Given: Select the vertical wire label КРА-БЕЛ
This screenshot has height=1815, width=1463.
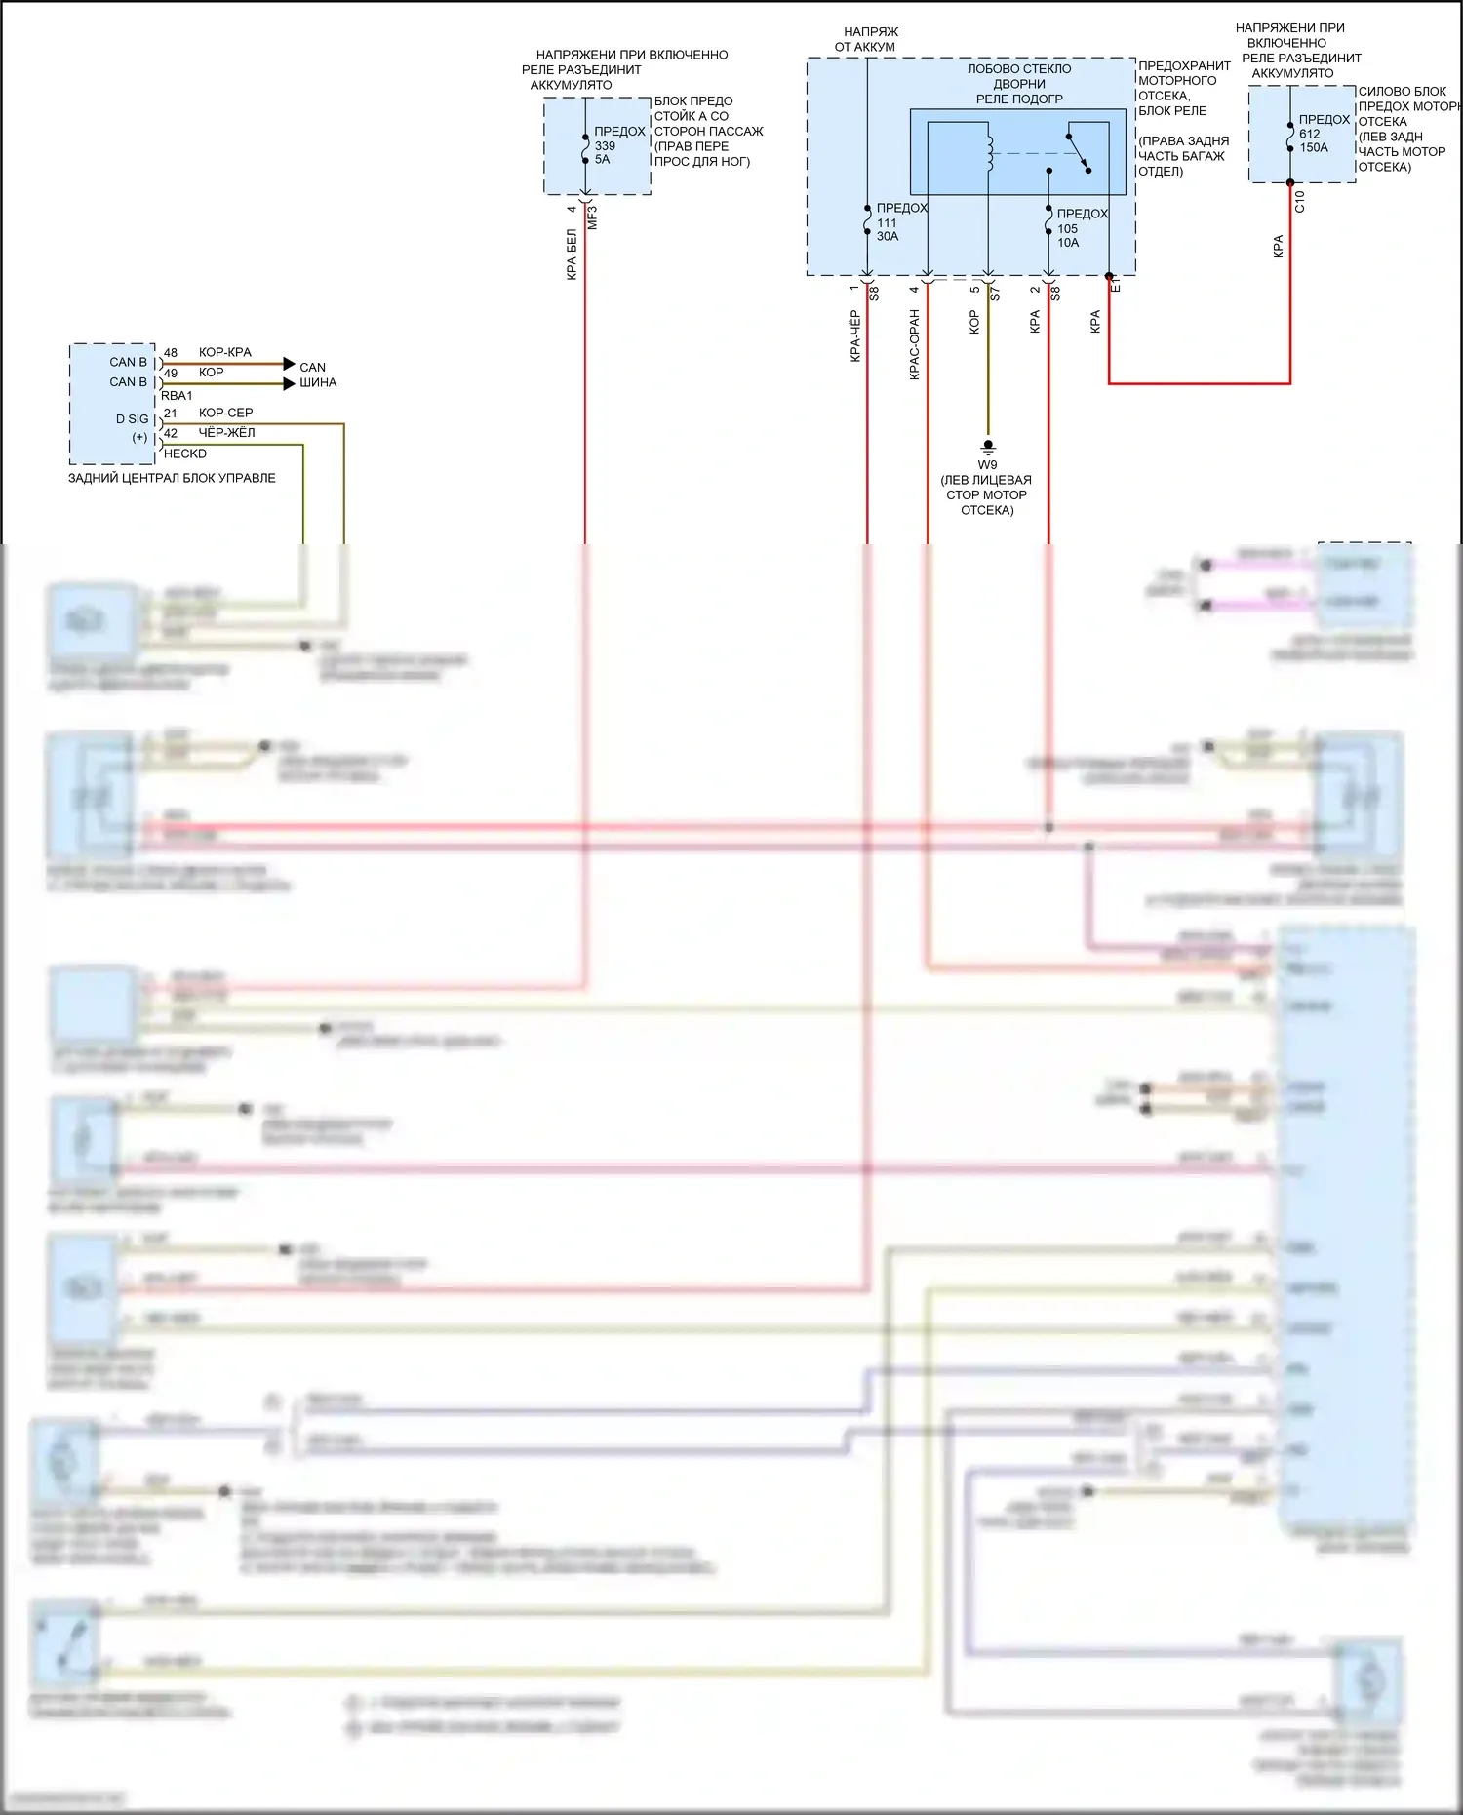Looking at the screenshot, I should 572,255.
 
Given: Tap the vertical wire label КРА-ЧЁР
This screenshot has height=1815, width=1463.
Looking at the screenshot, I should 855,335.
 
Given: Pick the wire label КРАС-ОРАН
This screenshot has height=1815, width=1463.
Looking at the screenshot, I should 915,344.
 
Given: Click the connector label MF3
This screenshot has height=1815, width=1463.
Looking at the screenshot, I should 592,217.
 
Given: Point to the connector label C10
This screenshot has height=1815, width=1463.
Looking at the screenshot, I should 1299,202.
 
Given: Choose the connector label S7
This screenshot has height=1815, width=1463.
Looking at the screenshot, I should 995,293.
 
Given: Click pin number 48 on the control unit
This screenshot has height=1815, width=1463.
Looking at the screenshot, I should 171,352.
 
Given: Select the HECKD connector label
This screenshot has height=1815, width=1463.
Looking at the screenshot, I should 185,454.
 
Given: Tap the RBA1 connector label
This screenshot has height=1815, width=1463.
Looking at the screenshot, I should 177,396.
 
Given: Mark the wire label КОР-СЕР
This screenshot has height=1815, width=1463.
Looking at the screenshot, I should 225,413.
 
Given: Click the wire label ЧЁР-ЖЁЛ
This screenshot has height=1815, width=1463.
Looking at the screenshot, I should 226,433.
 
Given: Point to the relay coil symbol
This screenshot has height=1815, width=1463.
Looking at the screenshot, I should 989,152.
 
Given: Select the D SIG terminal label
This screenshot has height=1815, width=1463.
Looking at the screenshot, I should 133,419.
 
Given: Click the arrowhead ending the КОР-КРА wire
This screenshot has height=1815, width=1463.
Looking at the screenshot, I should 289,364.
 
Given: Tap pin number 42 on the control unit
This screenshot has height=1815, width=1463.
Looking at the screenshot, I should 171,433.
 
